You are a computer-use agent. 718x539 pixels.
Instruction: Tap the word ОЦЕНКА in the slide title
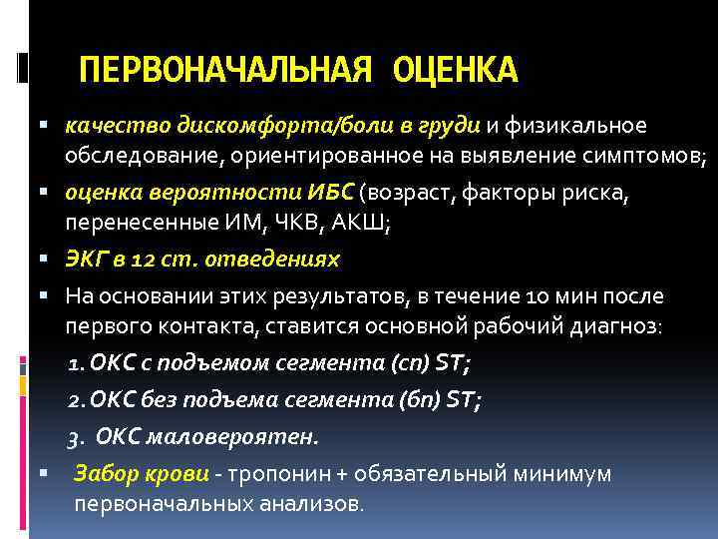point(455,70)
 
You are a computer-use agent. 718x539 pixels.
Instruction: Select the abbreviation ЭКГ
point(87,260)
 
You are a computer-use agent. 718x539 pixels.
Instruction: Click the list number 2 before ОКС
point(73,400)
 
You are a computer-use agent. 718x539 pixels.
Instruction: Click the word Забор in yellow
point(103,473)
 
